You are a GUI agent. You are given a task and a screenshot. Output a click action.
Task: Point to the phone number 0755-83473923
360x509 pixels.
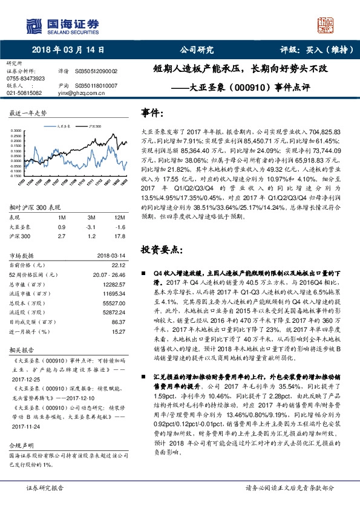25,79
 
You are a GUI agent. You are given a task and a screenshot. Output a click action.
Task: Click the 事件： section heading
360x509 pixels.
152,113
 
